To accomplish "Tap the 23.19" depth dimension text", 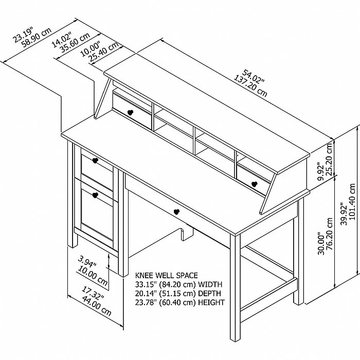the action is [23, 34].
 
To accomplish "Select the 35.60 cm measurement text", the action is [75, 43].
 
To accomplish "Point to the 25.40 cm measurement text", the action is [103, 51].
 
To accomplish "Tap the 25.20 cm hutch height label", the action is [329, 159].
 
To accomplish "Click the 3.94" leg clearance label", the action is [87, 261].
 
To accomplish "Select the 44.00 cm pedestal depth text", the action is [97, 306].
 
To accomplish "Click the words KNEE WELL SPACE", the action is [166, 275].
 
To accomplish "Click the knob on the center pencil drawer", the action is [176, 212].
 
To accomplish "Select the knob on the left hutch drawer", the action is [130, 113].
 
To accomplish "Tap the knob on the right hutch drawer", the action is [255, 184].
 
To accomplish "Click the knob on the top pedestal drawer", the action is [95, 160].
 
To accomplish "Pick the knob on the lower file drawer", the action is [95, 195].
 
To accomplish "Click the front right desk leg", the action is [235, 287].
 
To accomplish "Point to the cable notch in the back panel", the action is [187, 234].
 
